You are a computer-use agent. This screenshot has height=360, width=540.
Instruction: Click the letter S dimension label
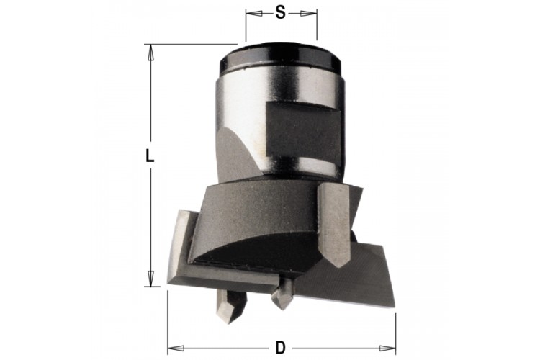[x=281, y=13]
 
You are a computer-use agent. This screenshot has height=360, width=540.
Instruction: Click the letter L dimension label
[x=149, y=156]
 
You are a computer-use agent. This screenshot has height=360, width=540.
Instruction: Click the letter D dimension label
[x=281, y=348]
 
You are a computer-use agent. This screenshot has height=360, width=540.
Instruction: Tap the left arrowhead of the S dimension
[x=254, y=14]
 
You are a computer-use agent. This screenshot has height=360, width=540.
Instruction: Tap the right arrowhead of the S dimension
[x=308, y=14]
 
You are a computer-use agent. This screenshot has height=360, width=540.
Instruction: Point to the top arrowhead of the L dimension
[x=150, y=53]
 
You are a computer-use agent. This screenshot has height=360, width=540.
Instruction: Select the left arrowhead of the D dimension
[x=176, y=348]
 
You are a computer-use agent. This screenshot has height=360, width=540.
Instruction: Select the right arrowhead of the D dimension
[x=387, y=348]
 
